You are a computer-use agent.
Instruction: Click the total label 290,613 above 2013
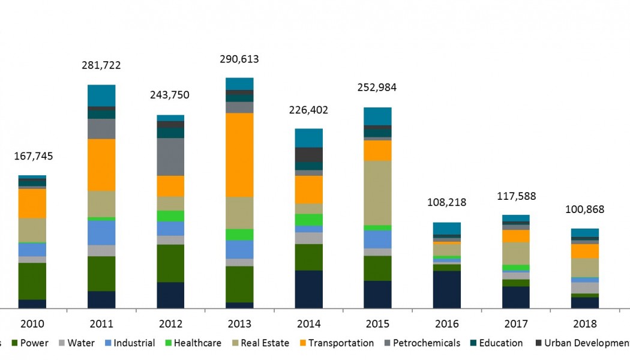point(239,59)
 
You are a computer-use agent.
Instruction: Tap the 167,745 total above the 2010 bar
point(34,157)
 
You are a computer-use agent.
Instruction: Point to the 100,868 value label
point(584,209)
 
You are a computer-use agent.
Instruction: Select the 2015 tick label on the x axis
point(377,324)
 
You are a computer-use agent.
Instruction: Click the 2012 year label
point(170,324)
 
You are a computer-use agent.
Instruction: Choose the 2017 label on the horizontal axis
point(515,324)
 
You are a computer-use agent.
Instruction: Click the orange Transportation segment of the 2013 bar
point(239,155)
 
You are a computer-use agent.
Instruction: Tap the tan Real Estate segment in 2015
point(377,193)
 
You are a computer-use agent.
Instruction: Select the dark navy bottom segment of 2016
point(446,289)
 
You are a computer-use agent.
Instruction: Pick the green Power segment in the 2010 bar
point(32,281)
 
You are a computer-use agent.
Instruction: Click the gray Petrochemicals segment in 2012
point(170,157)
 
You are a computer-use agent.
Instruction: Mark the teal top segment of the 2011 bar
point(101,95)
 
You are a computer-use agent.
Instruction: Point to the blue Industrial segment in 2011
point(101,233)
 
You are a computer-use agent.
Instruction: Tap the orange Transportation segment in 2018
point(584,251)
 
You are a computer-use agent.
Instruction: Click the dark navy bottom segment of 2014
point(308,289)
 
